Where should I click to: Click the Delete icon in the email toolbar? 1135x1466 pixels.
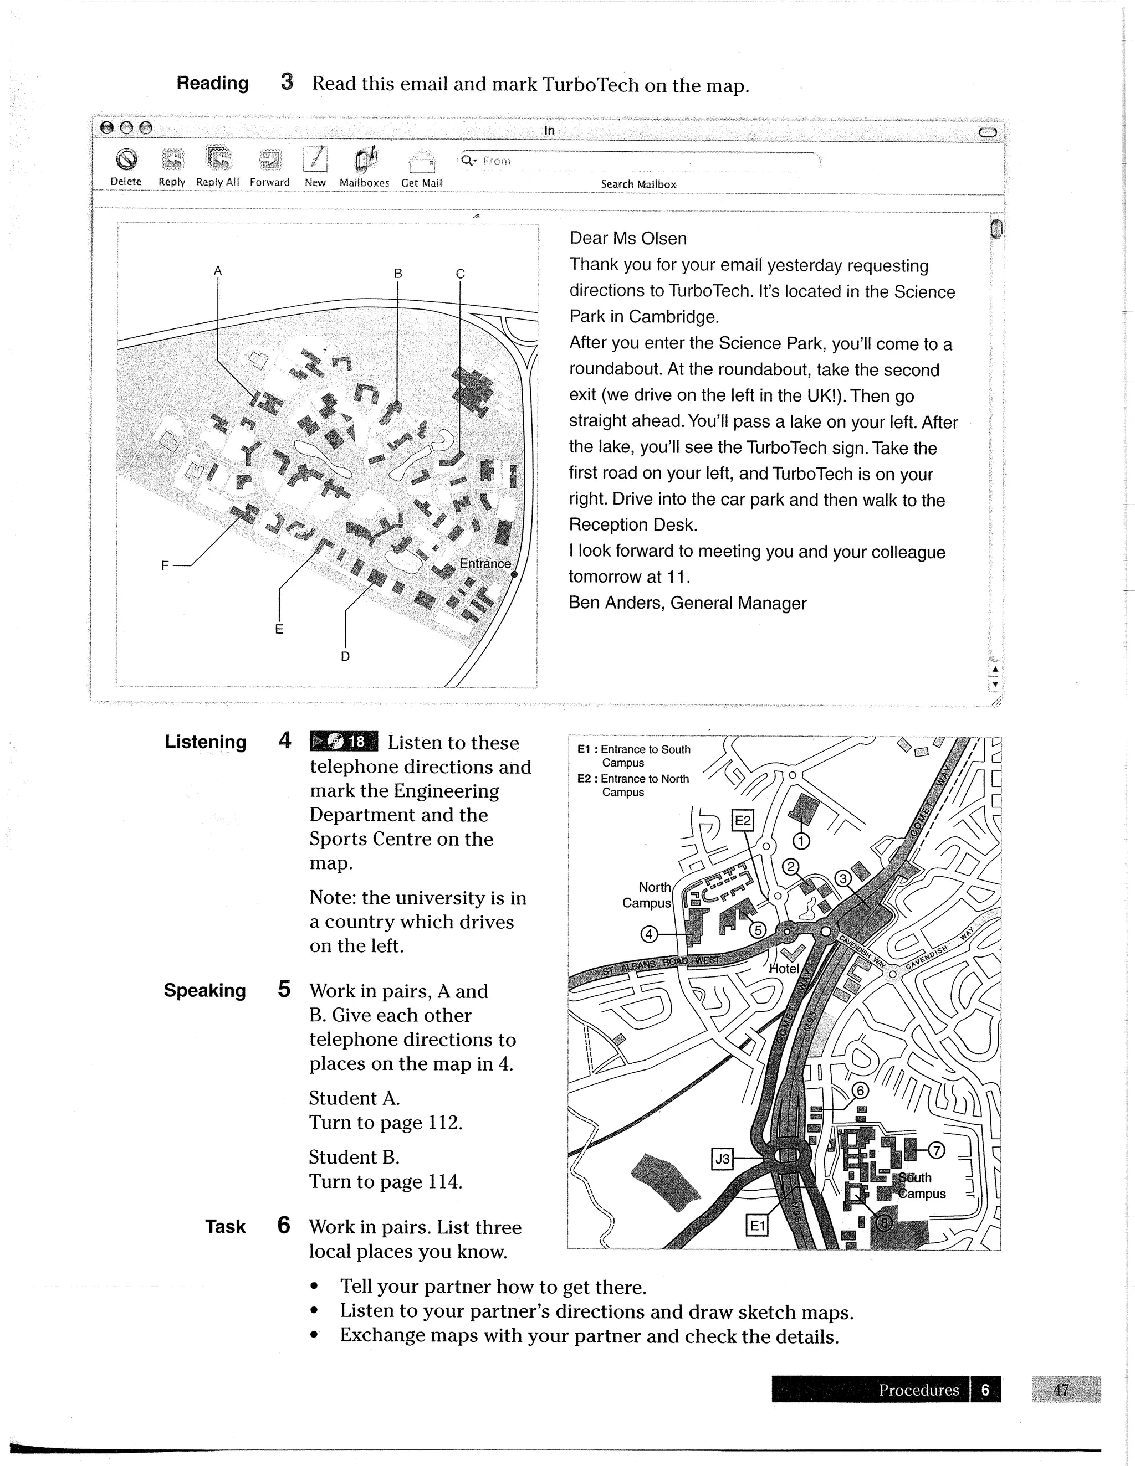pos(126,160)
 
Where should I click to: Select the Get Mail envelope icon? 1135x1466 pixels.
pos(422,161)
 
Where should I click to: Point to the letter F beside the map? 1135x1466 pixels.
pos(165,566)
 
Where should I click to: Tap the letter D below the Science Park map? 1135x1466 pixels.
pos(345,656)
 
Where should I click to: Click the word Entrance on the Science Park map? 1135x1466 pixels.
pos(485,564)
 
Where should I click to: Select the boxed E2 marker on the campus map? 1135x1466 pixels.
pos(742,820)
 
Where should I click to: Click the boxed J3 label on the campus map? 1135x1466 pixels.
pos(722,1159)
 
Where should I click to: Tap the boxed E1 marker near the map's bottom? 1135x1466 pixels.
pos(757,1226)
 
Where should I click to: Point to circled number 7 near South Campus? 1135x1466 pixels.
pos(936,1150)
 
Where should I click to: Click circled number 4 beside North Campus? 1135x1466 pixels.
pos(649,934)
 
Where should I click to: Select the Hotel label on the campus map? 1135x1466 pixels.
pos(784,969)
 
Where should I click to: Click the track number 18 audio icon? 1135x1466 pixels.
pos(344,741)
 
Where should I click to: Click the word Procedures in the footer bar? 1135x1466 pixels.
pos(918,1390)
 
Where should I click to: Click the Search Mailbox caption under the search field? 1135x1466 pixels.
pos(638,184)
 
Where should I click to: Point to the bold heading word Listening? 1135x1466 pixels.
pos(206,742)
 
